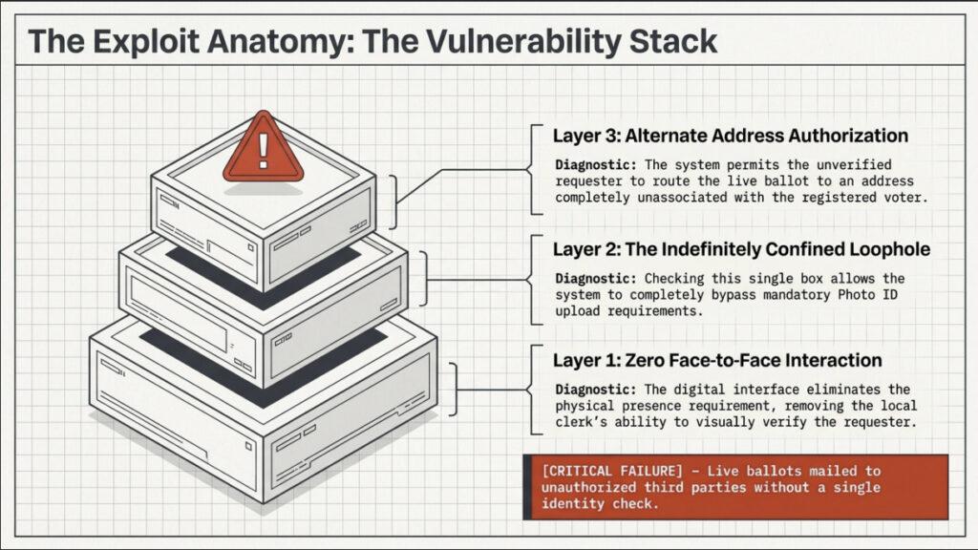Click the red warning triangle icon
point(263,149)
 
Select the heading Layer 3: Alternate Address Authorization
point(731,135)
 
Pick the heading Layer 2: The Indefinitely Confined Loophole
point(741,250)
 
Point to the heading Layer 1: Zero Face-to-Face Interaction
point(717,360)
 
